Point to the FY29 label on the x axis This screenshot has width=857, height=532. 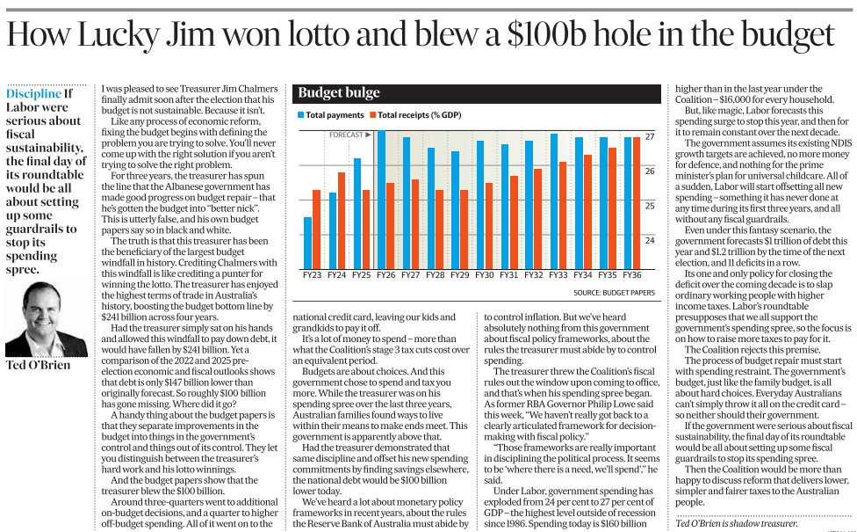(x=459, y=275)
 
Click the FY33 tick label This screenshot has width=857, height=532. (x=558, y=275)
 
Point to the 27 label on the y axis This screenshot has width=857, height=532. (x=650, y=138)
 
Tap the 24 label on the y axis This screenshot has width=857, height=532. (x=650, y=240)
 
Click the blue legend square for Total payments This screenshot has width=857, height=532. (x=300, y=115)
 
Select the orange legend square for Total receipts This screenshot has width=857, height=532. (x=372, y=115)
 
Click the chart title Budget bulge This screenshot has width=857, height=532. (x=327, y=93)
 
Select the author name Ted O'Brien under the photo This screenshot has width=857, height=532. (x=39, y=365)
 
